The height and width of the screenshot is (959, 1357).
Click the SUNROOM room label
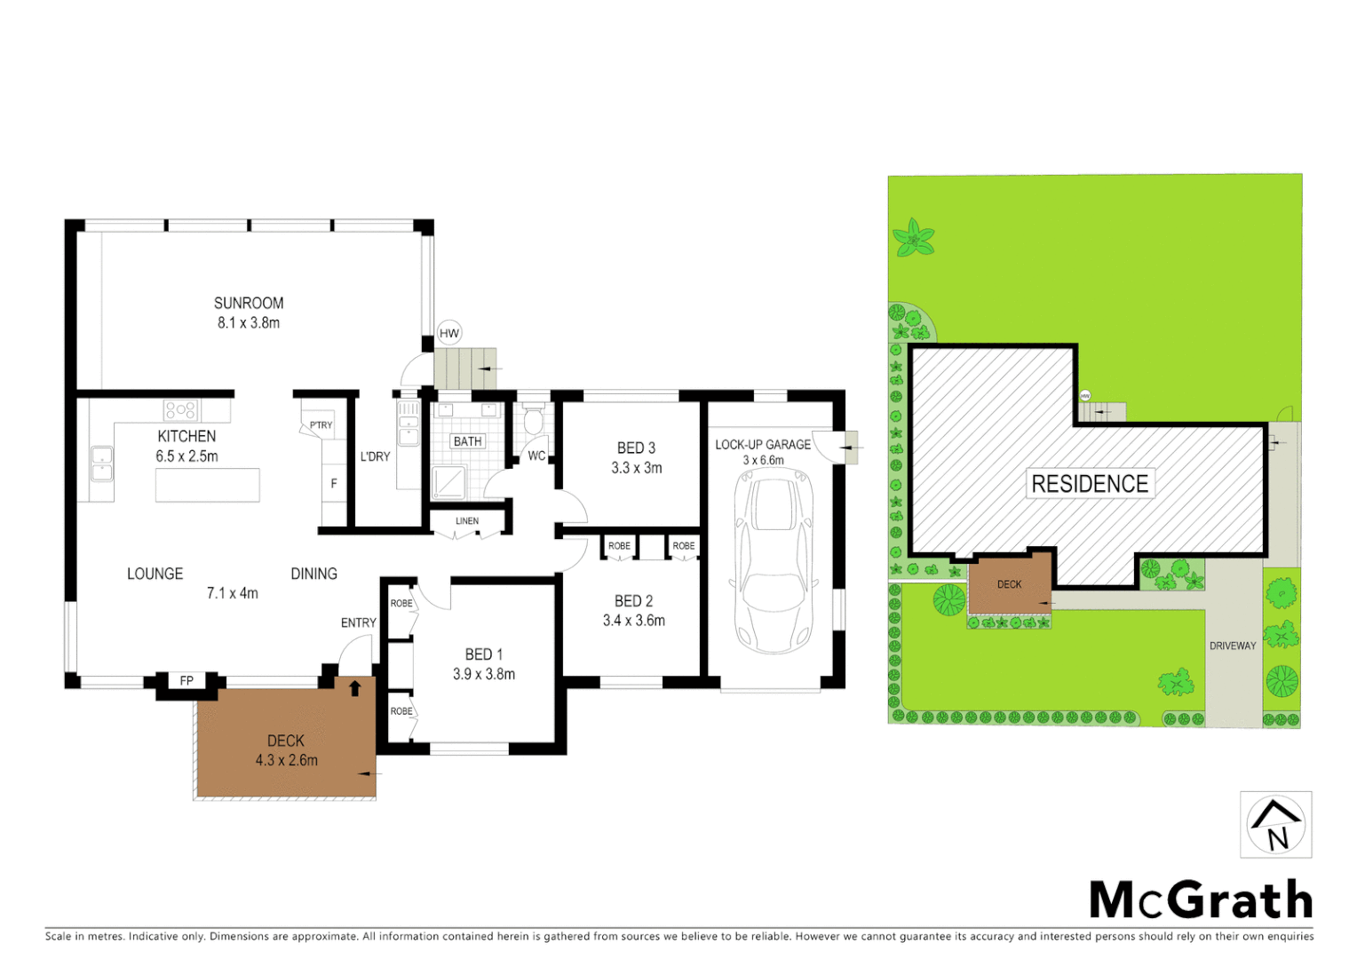(249, 303)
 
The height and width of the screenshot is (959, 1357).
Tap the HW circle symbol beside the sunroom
(449, 334)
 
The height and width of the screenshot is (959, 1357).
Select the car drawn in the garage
(774, 561)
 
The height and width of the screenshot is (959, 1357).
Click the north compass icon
(1275, 825)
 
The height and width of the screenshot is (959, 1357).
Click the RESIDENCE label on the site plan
(1090, 484)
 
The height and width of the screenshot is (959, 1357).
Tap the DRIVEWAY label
(1233, 646)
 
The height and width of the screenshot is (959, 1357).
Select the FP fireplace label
(186, 681)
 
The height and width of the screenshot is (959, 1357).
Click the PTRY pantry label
(321, 425)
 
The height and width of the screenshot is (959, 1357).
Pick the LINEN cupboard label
(467, 521)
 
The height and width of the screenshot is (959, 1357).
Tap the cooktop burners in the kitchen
(180, 410)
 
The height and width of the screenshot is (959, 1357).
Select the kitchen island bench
(208, 486)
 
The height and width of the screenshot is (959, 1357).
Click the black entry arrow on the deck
(355, 687)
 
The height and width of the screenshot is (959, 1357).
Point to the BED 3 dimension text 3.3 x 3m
(636, 468)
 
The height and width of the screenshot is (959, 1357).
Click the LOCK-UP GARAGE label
(763, 444)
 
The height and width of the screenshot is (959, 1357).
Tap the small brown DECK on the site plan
(1010, 583)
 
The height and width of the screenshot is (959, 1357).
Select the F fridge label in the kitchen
(334, 484)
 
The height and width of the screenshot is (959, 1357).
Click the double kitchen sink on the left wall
(101, 464)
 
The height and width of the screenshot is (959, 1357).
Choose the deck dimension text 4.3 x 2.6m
(286, 760)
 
